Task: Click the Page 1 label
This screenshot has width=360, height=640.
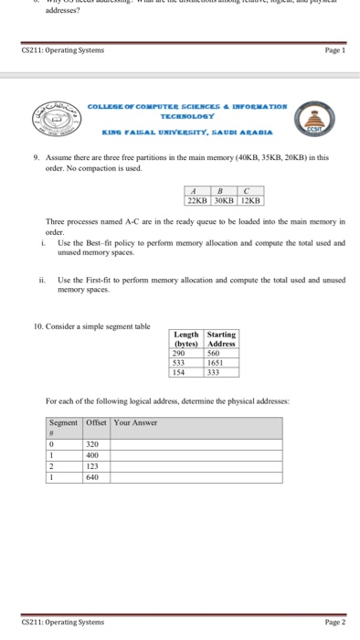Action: point(334,51)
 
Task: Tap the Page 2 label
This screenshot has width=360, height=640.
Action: point(334,622)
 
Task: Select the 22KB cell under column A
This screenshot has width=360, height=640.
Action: point(196,198)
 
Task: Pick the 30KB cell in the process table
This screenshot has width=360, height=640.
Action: point(223,198)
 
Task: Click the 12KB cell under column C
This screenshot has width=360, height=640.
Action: point(249,198)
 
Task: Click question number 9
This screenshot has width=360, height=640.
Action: point(36,157)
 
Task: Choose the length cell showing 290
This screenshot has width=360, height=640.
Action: point(180,353)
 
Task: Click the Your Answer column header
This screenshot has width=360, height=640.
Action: point(135,422)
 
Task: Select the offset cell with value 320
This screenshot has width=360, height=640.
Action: point(92,443)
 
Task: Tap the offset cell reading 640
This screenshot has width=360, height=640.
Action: point(92,476)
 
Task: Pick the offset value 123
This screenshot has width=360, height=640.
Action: point(92,465)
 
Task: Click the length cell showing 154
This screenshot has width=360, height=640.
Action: point(180,373)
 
